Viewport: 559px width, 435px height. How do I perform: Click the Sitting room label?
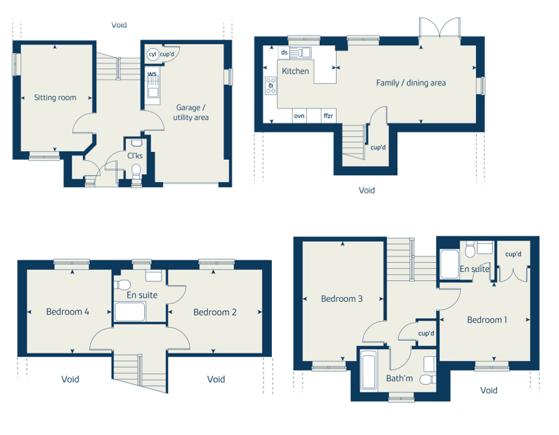pos(55,98)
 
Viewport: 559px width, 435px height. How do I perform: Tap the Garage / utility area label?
pos(191,112)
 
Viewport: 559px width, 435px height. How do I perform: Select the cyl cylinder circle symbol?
pos(153,54)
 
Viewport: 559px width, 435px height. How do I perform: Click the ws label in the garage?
pos(152,74)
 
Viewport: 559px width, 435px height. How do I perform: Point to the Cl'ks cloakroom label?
pos(135,156)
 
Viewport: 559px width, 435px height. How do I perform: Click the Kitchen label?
pos(296,71)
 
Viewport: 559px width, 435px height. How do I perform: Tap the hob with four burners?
pos(270,86)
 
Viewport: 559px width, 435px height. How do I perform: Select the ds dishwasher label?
pos(284,52)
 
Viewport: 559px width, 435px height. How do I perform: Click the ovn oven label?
pos(299,116)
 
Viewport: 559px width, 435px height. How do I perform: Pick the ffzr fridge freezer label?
pos(328,116)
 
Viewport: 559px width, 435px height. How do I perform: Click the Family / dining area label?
pos(411,83)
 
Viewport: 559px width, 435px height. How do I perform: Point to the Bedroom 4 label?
pos(68,312)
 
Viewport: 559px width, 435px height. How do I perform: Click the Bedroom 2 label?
pos(215,312)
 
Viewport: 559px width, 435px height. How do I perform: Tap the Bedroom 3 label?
pos(342,299)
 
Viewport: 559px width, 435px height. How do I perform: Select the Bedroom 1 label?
pos(487,320)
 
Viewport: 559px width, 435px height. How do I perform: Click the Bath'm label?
pos(399,379)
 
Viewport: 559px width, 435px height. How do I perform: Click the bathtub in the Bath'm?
pos(368,369)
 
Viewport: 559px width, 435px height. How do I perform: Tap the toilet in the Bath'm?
pos(427,379)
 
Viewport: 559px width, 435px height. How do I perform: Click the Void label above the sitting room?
pos(118,25)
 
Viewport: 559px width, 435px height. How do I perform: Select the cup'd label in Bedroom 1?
pos(513,254)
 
